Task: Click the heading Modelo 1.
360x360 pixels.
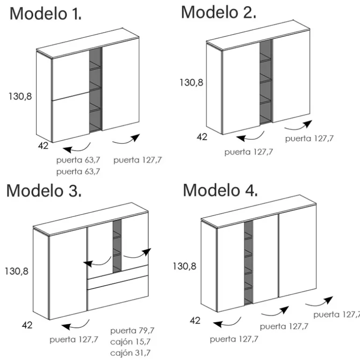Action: (x=45, y=14)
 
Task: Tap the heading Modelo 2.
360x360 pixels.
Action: (x=218, y=12)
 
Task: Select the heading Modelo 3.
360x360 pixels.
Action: (x=44, y=191)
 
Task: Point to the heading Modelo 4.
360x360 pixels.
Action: (x=220, y=190)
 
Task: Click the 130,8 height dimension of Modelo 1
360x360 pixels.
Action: (x=20, y=96)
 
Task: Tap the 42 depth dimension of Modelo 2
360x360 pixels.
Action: (x=202, y=137)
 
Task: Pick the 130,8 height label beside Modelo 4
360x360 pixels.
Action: (x=184, y=266)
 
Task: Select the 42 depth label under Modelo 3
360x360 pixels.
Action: (x=27, y=325)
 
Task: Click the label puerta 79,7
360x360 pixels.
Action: (x=132, y=331)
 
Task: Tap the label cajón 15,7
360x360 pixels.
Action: (x=130, y=342)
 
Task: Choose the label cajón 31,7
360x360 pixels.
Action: (x=130, y=353)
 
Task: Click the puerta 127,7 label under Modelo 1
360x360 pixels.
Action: (x=138, y=160)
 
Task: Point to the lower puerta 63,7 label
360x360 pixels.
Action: (x=78, y=172)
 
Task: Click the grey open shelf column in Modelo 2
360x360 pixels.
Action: (x=266, y=82)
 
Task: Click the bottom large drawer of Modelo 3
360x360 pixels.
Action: (x=118, y=293)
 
